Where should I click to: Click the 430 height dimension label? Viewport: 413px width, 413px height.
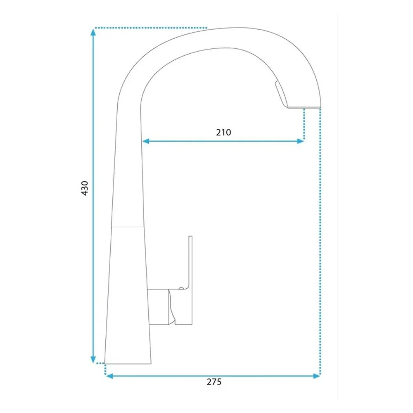[85, 188]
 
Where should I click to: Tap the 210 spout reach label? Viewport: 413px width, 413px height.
[223, 132]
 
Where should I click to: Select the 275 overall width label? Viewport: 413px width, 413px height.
[214, 382]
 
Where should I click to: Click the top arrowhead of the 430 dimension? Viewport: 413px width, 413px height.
[93, 32]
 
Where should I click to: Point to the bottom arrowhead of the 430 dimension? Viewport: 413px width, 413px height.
[93, 360]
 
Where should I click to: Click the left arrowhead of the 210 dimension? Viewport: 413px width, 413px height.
[146, 141]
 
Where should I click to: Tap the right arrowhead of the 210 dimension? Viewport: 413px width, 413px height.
[300, 141]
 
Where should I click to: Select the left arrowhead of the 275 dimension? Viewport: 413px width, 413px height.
[109, 376]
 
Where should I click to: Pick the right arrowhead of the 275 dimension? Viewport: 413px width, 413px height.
[316, 376]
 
